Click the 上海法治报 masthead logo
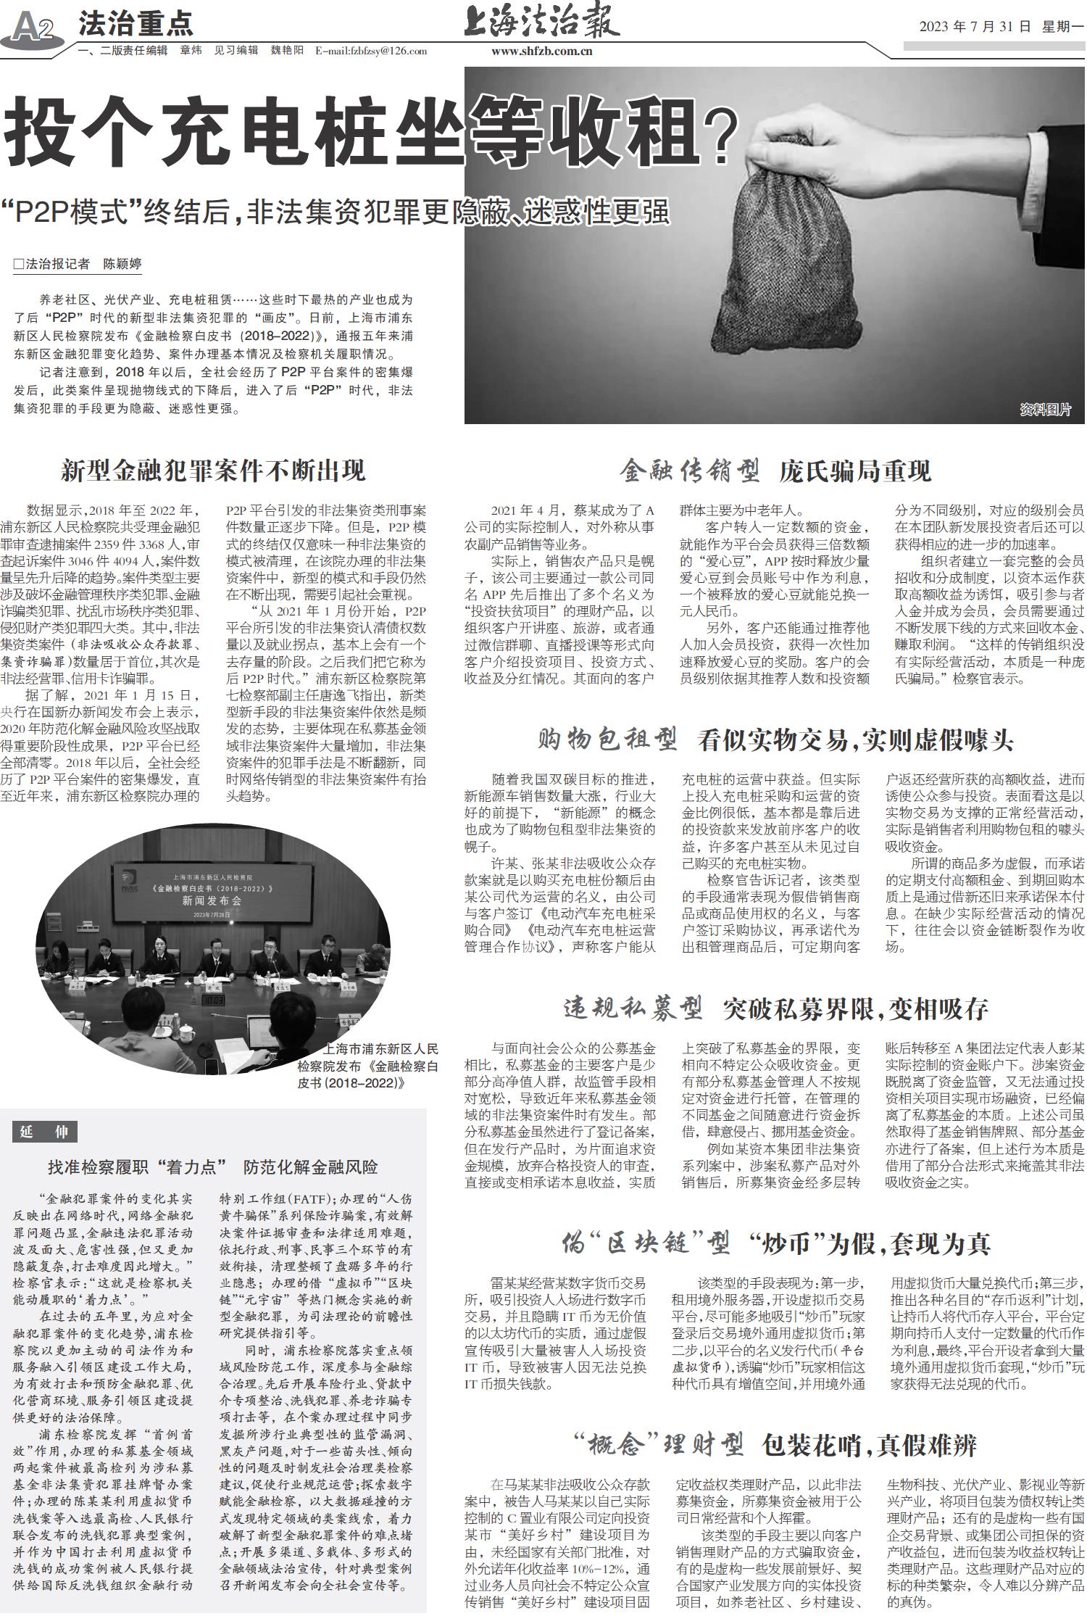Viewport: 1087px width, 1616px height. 541,21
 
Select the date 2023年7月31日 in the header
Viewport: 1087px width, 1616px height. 975,27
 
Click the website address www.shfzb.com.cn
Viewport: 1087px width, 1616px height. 541,51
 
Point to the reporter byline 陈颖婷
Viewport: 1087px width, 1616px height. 121,264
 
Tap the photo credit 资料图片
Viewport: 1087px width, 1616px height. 1044,410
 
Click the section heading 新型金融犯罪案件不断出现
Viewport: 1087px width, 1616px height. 213,471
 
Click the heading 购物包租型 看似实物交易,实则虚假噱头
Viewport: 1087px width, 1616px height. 775,740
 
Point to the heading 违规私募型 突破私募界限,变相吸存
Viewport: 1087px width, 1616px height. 775,1008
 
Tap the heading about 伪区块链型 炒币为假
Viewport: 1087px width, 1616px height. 775,1245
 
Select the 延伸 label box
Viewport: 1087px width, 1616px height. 44,1132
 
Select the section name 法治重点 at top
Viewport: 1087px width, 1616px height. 136,24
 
